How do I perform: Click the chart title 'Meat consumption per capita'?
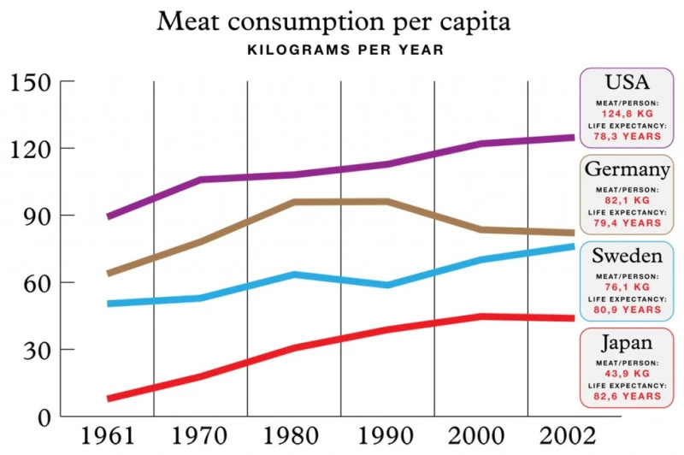(333, 21)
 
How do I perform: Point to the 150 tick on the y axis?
(32, 82)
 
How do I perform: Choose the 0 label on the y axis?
(43, 417)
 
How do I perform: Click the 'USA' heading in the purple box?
(627, 83)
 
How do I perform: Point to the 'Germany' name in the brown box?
(627, 169)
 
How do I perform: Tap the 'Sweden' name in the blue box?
(627, 257)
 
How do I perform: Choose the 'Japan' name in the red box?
(627, 344)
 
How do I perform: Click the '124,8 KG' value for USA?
(627, 113)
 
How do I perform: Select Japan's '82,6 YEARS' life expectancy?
(627, 397)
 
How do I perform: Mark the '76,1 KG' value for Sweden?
(627, 287)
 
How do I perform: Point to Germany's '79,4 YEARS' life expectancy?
(627, 222)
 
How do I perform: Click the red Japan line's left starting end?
(109, 399)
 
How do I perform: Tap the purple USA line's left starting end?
(109, 216)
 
